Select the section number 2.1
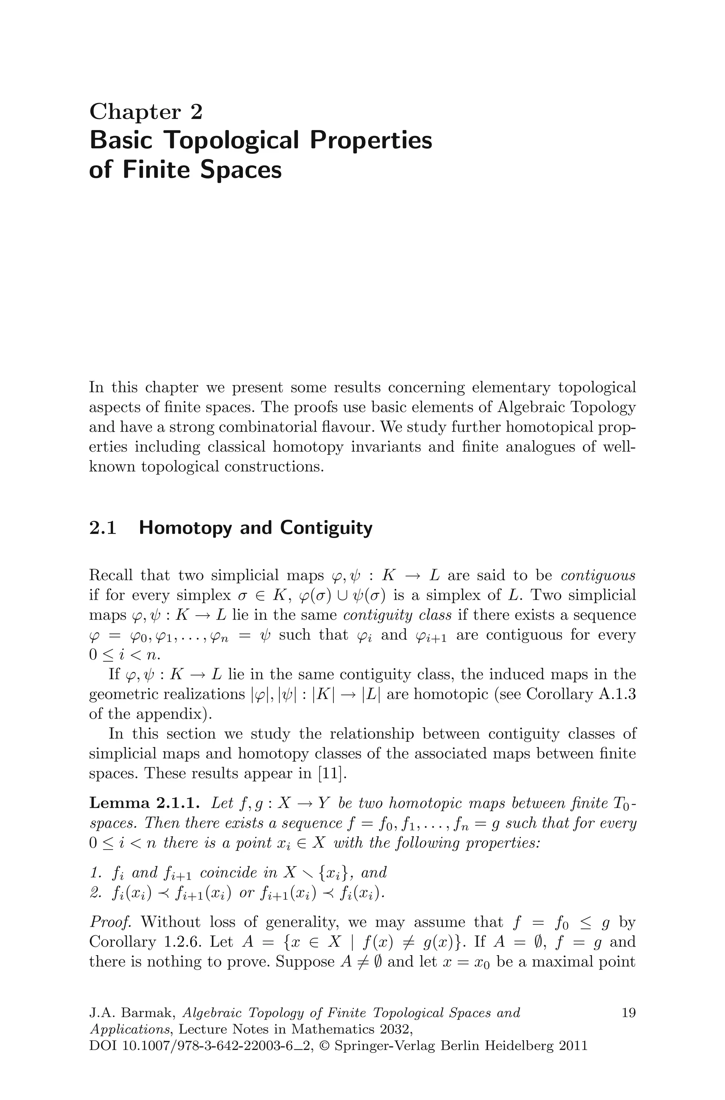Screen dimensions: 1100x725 (x=102, y=528)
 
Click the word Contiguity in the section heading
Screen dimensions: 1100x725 (x=326, y=528)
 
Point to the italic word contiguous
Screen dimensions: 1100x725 (x=598, y=575)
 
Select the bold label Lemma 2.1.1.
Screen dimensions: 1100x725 (x=144, y=803)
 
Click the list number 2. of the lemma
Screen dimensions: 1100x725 (x=96, y=893)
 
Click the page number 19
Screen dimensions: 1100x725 (x=628, y=1013)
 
